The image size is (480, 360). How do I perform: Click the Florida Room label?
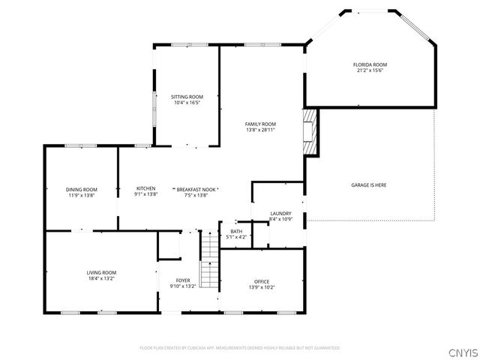[370, 64]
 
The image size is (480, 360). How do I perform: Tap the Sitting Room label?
[187, 97]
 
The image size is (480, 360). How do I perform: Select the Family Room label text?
[260, 124]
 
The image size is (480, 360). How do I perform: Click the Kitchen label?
[145, 188]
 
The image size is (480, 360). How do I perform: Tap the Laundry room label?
[280, 214]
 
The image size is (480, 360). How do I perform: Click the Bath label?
[236, 231]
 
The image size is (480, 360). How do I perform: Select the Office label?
[261, 281]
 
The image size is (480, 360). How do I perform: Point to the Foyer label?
[183, 280]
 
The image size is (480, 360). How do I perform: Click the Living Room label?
[101, 272]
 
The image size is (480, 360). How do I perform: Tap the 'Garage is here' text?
[369, 184]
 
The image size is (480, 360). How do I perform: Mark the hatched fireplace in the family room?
[310, 130]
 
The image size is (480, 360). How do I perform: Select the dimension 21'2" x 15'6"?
[370, 70]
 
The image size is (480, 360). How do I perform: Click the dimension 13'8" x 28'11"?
[260, 130]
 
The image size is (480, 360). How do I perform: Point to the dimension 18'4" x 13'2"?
[101, 278]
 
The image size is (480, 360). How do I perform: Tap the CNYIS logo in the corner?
[462, 352]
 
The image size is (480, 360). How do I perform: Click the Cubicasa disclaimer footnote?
[240, 348]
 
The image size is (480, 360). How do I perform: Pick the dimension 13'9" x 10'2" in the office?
[261, 287]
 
